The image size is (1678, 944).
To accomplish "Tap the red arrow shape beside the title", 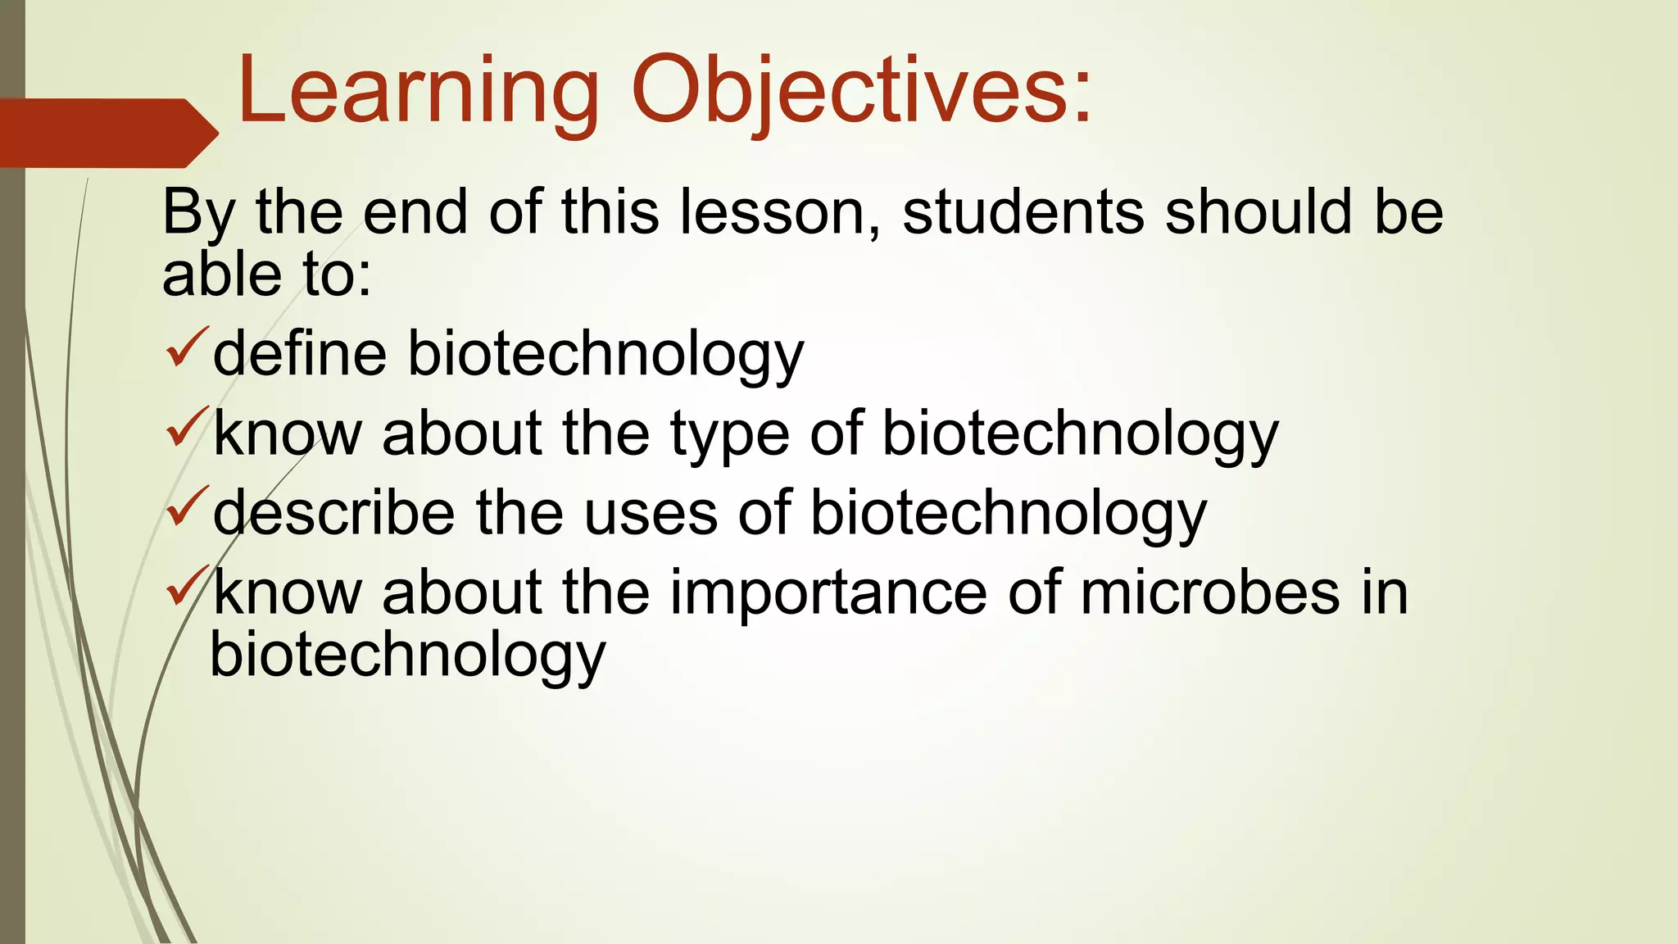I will coord(107,133).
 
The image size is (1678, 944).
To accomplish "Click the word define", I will coord(300,354).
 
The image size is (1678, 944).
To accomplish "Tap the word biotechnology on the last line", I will coord(407,656).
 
